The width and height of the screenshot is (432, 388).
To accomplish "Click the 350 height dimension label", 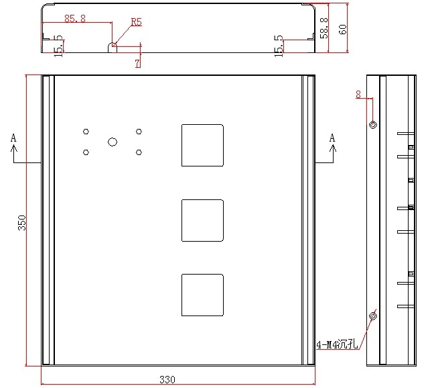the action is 21,223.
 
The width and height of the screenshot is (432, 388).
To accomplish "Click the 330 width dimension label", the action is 167,380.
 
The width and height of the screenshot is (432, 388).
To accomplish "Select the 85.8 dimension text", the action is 75,19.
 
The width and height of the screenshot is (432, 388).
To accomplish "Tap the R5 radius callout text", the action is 136,21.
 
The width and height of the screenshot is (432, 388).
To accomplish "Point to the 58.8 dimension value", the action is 324,28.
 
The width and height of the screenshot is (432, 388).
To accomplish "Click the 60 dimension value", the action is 342,30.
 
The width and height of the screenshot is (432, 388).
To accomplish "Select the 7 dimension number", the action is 137,63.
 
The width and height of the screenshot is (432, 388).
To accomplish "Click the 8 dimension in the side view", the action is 358,95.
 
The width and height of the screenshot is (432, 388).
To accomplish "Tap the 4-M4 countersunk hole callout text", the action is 337,344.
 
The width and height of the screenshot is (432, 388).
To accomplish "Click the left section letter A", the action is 13,138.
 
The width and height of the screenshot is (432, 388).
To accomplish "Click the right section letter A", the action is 332,138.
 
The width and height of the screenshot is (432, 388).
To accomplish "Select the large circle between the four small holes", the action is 113,142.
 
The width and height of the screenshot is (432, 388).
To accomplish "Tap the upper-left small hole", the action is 86,132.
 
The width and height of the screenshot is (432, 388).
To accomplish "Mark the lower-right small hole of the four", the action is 139,152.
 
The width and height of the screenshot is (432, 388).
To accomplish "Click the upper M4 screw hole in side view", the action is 373,125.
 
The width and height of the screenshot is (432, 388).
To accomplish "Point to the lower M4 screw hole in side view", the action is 373,316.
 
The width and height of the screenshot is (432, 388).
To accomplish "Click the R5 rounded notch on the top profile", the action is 113,44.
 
